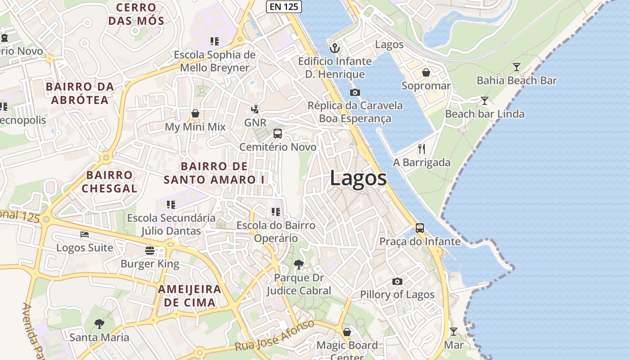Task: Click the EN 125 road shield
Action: [x=283, y=6]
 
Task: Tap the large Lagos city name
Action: [x=358, y=178]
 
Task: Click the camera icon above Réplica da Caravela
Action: [x=355, y=92]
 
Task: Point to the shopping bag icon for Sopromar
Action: [x=426, y=72]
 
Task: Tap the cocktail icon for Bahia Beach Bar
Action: [x=517, y=67]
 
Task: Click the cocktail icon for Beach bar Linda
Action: [x=484, y=100]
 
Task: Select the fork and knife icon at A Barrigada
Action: [x=422, y=149]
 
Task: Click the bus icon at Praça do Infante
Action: [x=419, y=228]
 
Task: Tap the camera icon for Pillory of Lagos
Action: [x=397, y=281]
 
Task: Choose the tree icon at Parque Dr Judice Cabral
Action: [x=298, y=265]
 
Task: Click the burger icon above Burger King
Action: [x=150, y=250]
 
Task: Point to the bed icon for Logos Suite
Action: [x=85, y=234]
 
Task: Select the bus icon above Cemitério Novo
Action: [x=278, y=134]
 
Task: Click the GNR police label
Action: [x=255, y=122]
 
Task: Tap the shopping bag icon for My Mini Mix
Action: [x=195, y=113]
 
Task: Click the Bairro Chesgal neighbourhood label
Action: [x=109, y=181]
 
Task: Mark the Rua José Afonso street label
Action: [x=274, y=336]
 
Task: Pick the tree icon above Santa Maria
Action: [x=99, y=324]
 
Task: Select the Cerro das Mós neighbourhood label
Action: [x=136, y=14]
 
